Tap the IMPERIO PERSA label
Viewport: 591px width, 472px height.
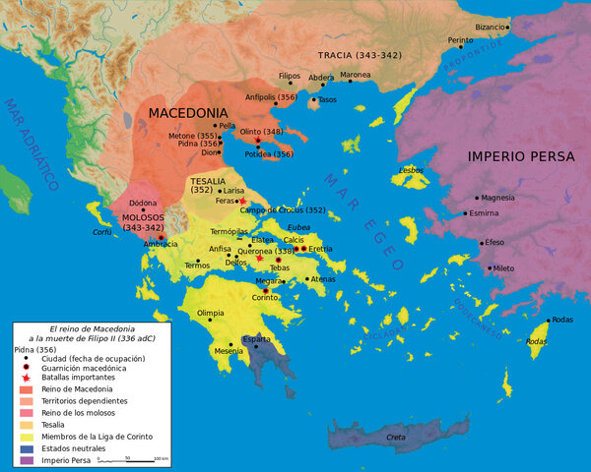[x=517, y=156]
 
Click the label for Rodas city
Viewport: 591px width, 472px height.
[x=562, y=320]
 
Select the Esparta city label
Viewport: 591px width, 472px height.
[x=256, y=339]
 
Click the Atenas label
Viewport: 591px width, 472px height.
[x=323, y=279]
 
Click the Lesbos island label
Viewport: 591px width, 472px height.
[x=411, y=169]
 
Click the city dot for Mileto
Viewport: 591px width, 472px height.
[x=490, y=267]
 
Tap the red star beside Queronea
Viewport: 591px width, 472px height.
[x=260, y=259]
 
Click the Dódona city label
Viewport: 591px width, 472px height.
[x=144, y=203]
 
